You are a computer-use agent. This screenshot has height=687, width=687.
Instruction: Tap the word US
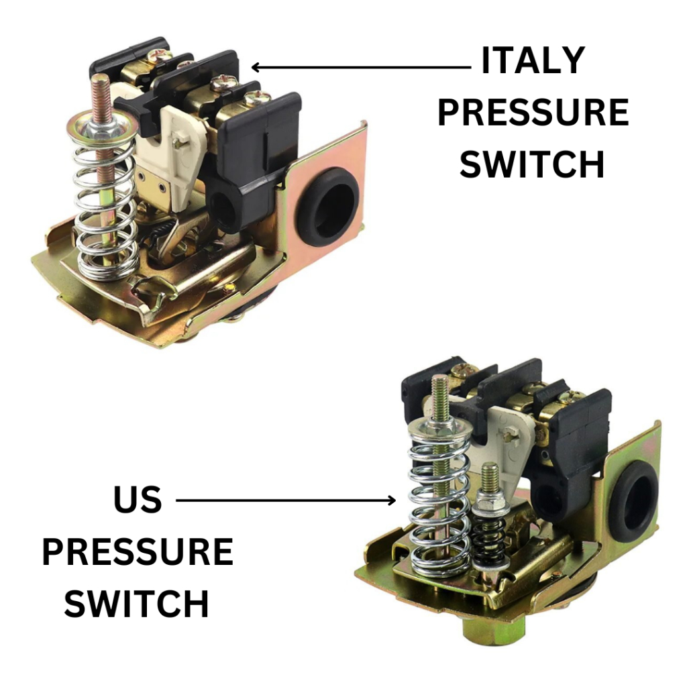pyautogui.click(x=138, y=499)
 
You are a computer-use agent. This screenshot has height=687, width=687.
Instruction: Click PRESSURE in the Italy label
pyautogui.click(x=533, y=112)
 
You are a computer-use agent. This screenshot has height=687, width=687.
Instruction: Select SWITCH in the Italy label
pyautogui.click(x=532, y=164)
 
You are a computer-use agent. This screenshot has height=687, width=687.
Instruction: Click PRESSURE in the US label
pyautogui.click(x=138, y=551)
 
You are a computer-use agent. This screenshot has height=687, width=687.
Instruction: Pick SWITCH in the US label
pyautogui.click(x=137, y=603)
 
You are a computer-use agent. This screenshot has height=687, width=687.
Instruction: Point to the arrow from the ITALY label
pyautogui.click(x=361, y=68)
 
